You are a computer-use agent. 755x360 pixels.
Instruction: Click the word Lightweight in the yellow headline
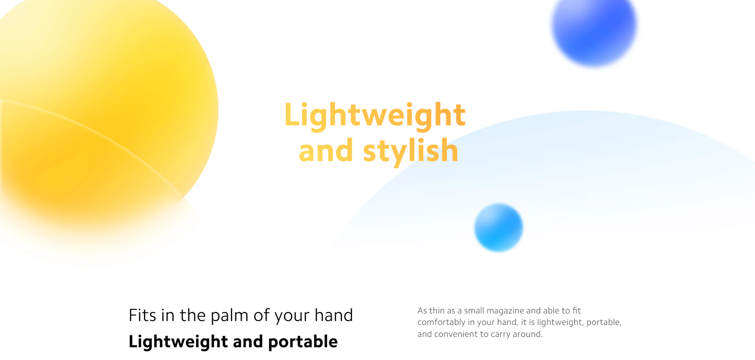375,115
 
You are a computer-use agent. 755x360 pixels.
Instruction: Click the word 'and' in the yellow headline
326,151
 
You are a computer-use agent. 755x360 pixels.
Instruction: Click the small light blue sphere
498,228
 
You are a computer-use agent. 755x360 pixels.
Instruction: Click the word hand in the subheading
334,315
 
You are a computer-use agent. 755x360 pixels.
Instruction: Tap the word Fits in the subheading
142,315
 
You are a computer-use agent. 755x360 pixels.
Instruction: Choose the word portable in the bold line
303,341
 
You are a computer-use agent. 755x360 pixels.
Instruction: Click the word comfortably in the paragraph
441,322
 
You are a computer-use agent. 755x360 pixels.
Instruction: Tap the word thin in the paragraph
437,310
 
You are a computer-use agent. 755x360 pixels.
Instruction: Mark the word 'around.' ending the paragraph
528,334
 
